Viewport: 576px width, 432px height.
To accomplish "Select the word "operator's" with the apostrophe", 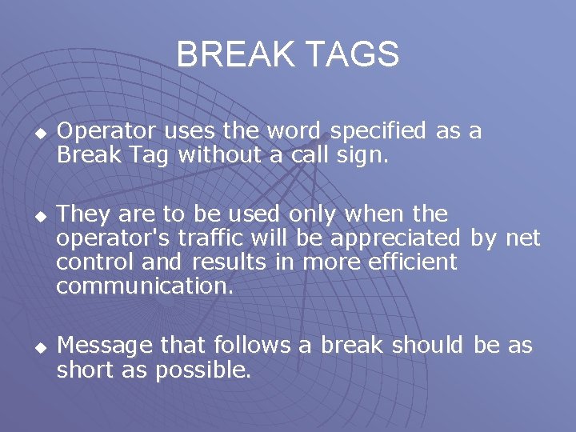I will [x=115, y=238].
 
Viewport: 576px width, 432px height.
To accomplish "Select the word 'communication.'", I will [x=145, y=286].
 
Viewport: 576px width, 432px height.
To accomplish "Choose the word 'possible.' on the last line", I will [x=203, y=370].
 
